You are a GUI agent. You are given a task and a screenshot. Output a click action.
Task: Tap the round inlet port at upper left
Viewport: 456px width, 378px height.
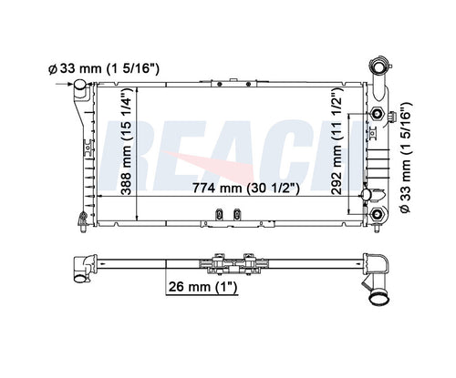pyautogui.click(x=81, y=87)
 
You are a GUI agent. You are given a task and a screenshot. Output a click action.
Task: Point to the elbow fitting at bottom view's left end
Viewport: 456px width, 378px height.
pyautogui.click(x=80, y=263)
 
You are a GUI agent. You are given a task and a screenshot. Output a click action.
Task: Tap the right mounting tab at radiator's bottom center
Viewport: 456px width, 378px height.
pyautogui.click(x=236, y=215)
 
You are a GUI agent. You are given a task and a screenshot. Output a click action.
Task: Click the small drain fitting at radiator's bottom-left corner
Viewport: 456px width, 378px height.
pyautogui.click(x=82, y=217)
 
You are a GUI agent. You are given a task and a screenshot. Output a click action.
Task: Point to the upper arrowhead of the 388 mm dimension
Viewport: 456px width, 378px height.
pyautogui.click(x=137, y=90)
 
